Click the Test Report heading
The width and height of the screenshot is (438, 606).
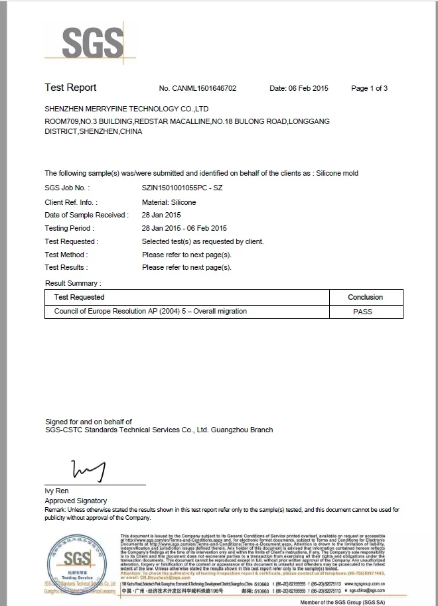(70, 88)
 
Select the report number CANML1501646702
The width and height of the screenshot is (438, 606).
(197, 88)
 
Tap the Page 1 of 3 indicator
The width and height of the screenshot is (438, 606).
(369, 88)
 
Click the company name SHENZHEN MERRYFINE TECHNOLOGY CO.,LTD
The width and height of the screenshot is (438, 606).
(127, 108)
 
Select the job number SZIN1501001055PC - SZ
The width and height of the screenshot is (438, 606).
(182, 188)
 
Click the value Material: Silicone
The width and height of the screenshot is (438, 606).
(169, 202)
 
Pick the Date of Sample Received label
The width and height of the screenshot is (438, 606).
(86, 215)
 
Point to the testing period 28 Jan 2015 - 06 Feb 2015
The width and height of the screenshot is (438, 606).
(184, 228)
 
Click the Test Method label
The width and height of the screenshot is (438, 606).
(66, 255)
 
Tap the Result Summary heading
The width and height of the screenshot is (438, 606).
(72, 283)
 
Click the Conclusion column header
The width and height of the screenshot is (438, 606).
(365, 297)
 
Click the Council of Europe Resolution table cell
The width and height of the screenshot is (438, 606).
(150, 311)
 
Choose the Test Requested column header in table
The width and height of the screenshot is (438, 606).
(79, 297)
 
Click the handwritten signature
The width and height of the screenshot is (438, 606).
(89, 470)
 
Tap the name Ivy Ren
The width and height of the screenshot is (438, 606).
(58, 491)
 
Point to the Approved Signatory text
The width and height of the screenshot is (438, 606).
(76, 501)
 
